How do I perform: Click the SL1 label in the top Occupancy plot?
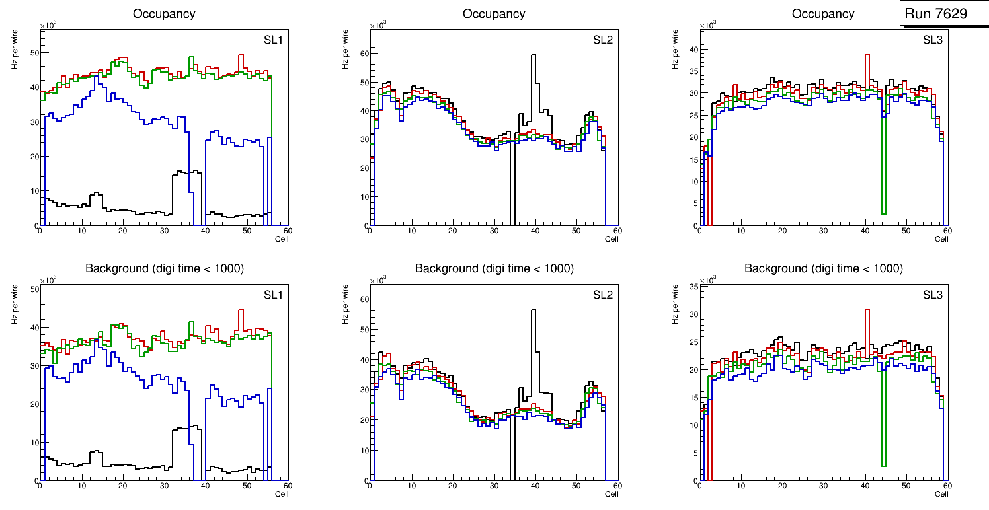coord(273,40)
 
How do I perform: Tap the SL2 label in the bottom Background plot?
coord(602,295)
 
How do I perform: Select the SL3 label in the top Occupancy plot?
coord(932,40)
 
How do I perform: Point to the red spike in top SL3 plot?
coord(867,63)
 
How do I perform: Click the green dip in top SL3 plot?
coord(883,198)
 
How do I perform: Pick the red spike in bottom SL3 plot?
coord(867,317)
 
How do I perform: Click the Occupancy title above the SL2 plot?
coord(494,13)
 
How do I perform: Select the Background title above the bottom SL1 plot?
coord(164,268)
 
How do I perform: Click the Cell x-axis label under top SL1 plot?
coord(282,239)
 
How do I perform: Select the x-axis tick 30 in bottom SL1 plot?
coord(164,486)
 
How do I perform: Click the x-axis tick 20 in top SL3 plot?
coord(782,231)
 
